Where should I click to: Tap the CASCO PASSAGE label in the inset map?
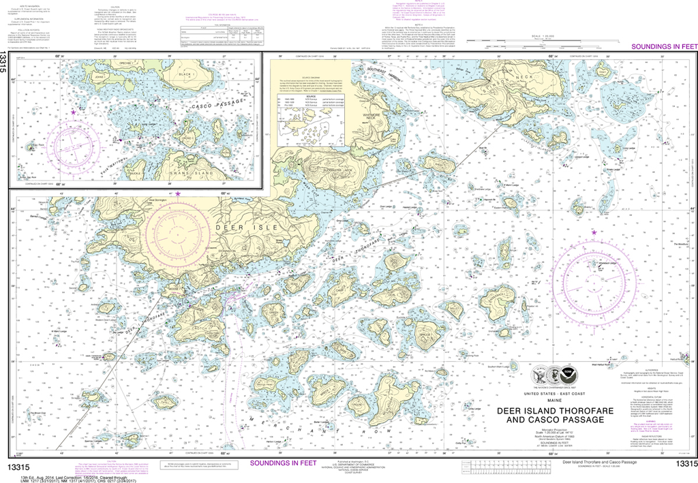click(x=198, y=104)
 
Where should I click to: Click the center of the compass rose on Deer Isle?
click(x=178, y=231)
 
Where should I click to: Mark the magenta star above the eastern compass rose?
click(x=594, y=233)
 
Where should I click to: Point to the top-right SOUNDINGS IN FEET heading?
click(x=661, y=46)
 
